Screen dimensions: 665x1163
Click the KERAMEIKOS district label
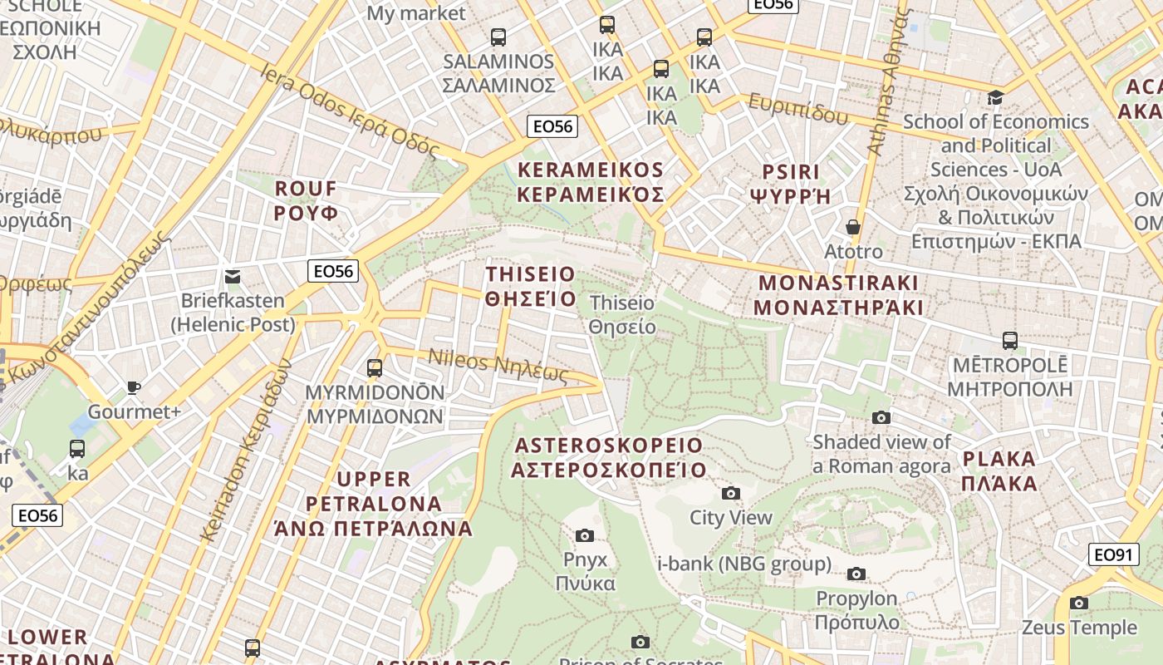click(591, 182)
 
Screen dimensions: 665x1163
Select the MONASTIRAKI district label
click(838, 294)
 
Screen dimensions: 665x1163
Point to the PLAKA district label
click(999, 470)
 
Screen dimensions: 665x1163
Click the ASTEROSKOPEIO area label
click(609, 457)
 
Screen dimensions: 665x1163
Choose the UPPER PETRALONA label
click(374, 503)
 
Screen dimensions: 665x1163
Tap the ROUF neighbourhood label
click(307, 200)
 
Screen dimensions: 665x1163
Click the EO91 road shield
click(1113, 554)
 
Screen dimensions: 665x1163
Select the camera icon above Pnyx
click(585, 535)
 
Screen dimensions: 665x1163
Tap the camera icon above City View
click(731, 494)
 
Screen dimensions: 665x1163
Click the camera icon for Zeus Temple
click(1079, 603)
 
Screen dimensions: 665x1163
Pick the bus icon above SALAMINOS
click(498, 37)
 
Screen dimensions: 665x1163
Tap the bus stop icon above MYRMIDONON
click(375, 367)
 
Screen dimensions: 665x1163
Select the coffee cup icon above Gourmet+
click(134, 387)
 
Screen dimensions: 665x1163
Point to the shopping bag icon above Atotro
click(853, 227)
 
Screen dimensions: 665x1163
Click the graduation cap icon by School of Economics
click(995, 97)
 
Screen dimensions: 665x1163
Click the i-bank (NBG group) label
click(743, 564)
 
